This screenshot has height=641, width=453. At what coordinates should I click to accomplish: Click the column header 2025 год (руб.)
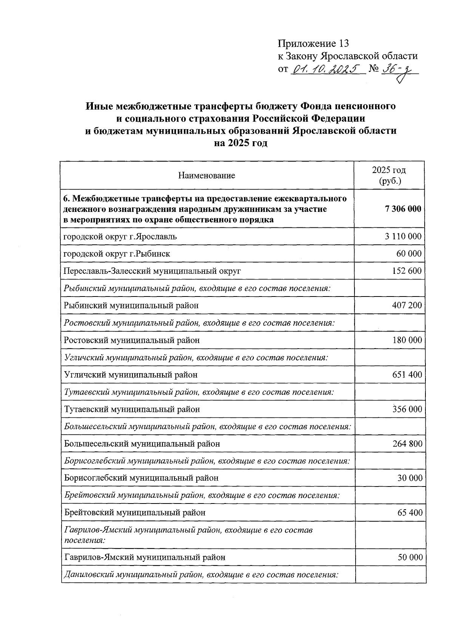coord(389,175)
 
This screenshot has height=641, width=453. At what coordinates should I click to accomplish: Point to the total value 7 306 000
coord(403,209)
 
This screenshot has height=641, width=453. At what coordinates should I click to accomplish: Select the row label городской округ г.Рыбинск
coord(117,254)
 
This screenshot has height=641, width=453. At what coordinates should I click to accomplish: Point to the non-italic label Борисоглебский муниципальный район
coord(141,478)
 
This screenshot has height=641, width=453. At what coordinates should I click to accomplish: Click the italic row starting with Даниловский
coord(200,575)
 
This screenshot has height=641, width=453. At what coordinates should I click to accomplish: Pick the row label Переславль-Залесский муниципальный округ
coord(152,271)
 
